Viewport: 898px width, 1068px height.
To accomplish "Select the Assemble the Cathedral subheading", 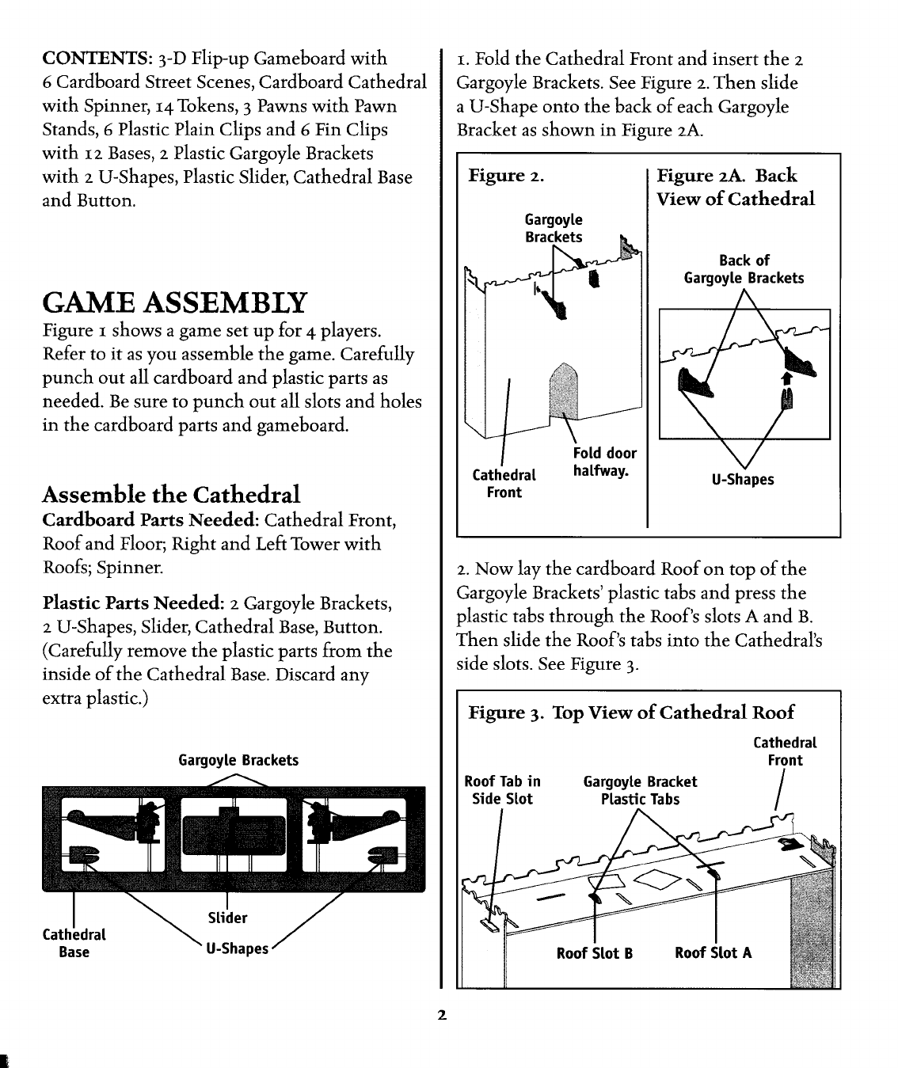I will pos(171,495).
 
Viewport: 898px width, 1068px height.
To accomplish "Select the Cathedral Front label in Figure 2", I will pos(504,484).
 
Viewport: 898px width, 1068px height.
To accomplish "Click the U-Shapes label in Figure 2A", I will pos(743,480).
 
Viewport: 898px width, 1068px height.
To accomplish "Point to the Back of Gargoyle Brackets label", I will pos(744,269).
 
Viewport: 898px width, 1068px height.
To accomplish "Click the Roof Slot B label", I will pos(594,953).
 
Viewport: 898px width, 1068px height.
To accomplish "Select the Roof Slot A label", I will pos(713,953).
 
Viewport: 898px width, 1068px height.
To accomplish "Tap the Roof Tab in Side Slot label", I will pos(502,790).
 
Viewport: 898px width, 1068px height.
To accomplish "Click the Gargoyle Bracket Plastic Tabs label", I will pos(640,790).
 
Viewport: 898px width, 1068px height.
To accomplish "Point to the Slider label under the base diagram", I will pos(227,918).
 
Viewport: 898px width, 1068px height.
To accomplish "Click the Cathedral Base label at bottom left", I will pos(74,943).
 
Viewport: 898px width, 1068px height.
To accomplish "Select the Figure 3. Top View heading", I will pos(631,713).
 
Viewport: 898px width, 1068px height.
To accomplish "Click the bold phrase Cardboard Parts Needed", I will pos(150,520).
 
